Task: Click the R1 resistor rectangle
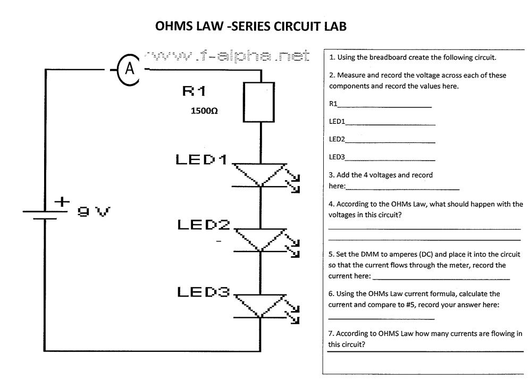(x=259, y=103)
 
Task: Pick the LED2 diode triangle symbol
(x=260, y=239)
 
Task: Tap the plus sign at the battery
(x=62, y=202)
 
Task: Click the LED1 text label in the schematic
(x=201, y=159)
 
